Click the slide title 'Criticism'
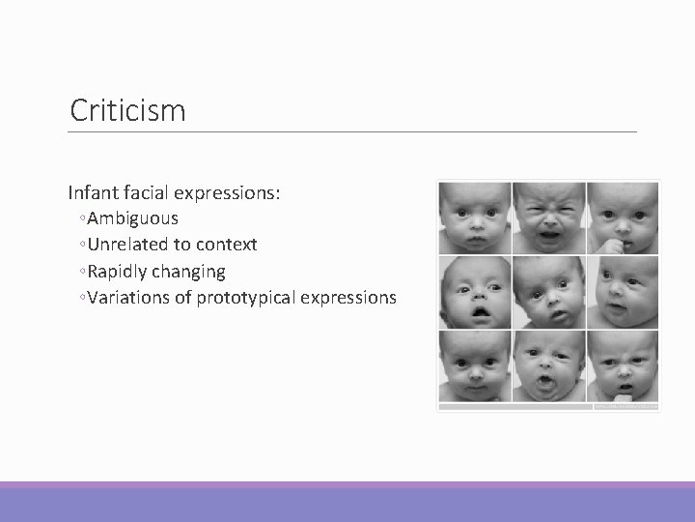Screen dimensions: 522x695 (x=127, y=110)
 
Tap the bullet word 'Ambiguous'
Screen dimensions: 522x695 (x=132, y=218)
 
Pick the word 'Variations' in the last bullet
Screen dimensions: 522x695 (x=129, y=297)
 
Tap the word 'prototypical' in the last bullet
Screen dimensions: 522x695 (x=245, y=297)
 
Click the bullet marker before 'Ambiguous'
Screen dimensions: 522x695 (x=84, y=219)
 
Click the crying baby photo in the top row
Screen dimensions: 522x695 (x=547, y=217)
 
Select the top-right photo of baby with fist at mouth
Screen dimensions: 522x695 (x=622, y=217)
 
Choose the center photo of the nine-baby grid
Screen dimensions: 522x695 (x=547, y=293)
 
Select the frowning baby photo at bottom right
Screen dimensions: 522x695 (x=622, y=367)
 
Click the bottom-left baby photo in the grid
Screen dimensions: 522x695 (x=474, y=367)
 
